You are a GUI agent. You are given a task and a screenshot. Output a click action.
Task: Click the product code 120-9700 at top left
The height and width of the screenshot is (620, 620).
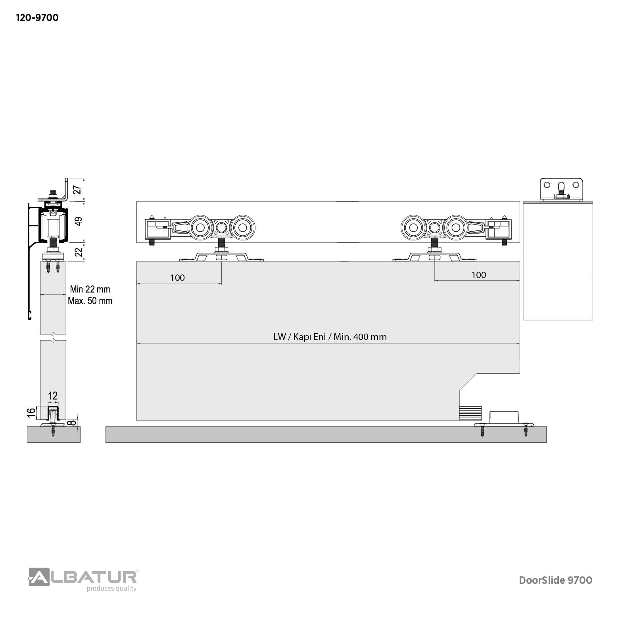pos(37,18)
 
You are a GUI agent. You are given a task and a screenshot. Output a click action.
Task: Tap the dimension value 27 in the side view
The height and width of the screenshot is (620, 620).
pos(78,190)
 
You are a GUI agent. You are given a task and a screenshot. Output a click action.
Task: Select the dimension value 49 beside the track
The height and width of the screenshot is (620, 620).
pos(78,221)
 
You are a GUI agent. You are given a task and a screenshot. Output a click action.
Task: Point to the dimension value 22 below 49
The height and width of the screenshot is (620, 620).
pos(78,251)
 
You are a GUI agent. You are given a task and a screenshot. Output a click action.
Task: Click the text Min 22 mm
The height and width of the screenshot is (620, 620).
pos(90,289)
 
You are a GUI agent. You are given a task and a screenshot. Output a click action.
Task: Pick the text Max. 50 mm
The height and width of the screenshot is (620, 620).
pos(90,301)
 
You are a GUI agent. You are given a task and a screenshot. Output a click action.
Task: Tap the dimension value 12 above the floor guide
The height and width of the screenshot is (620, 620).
pos(53,395)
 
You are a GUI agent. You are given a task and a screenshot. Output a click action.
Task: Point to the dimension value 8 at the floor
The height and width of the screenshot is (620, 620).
pos(72,422)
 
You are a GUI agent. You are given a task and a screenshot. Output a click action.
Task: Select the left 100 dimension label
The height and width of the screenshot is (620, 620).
pos(177,278)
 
